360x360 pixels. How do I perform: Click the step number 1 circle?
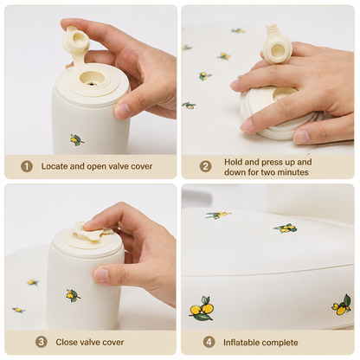pyautogui.click(x=27, y=166)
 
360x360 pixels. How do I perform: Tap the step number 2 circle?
pyautogui.click(x=206, y=166)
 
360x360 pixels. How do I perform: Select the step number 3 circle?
pyautogui.click(x=42, y=342)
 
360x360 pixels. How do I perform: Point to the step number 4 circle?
pyautogui.click(x=209, y=342)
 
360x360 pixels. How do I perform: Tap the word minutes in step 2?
pyautogui.click(x=292, y=172)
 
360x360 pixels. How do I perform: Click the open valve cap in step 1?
pyautogui.click(x=75, y=42)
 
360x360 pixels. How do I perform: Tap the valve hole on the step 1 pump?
pyautogui.click(x=92, y=80)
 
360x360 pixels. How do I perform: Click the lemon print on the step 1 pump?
pyautogui.click(x=77, y=139)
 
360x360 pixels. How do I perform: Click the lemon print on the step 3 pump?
pyautogui.click(x=73, y=295)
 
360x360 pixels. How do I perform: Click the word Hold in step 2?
pyautogui.click(x=234, y=162)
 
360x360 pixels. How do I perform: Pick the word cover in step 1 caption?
pyautogui.click(x=141, y=166)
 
